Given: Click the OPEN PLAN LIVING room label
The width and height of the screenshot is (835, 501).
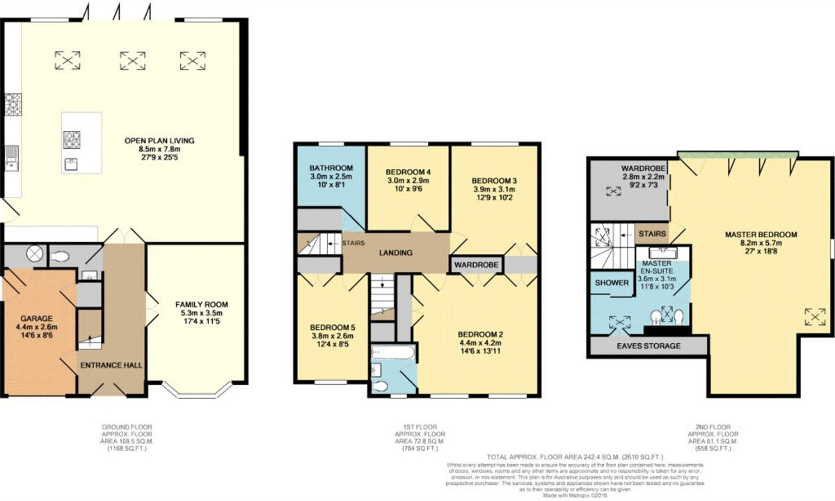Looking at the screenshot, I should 159,141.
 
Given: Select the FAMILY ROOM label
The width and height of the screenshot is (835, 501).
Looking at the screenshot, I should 202,304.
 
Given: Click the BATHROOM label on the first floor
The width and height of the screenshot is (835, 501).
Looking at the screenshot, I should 331,168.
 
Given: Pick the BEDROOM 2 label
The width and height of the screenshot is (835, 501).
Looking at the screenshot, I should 480,333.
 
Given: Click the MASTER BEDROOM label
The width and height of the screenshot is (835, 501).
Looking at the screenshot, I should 761,234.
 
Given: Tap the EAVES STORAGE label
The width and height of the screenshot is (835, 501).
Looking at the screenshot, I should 648,345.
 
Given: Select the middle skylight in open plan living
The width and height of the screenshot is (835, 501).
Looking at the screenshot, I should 132,61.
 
